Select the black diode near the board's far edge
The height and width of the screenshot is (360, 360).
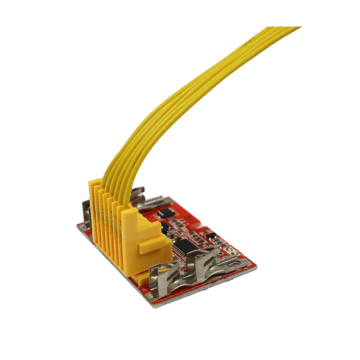166,211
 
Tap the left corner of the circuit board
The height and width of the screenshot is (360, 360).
77,225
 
